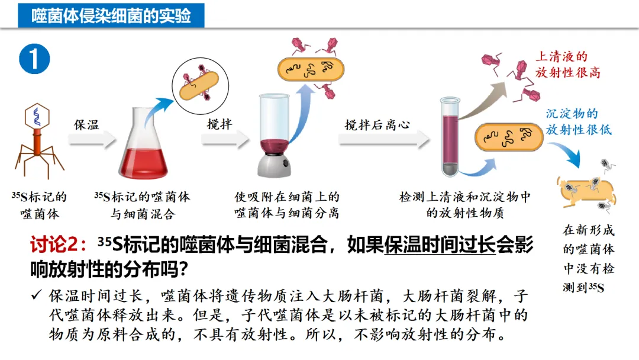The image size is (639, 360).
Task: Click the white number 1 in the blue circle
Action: (x=34, y=60)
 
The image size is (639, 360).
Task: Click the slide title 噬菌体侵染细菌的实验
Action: (x=111, y=15)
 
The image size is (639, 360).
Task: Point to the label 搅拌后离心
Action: (x=377, y=126)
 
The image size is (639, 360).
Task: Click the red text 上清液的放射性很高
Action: (x=567, y=65)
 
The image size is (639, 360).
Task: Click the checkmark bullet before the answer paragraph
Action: (x=37, y=295)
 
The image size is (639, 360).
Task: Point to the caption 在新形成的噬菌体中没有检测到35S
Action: (x=588, y=259)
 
